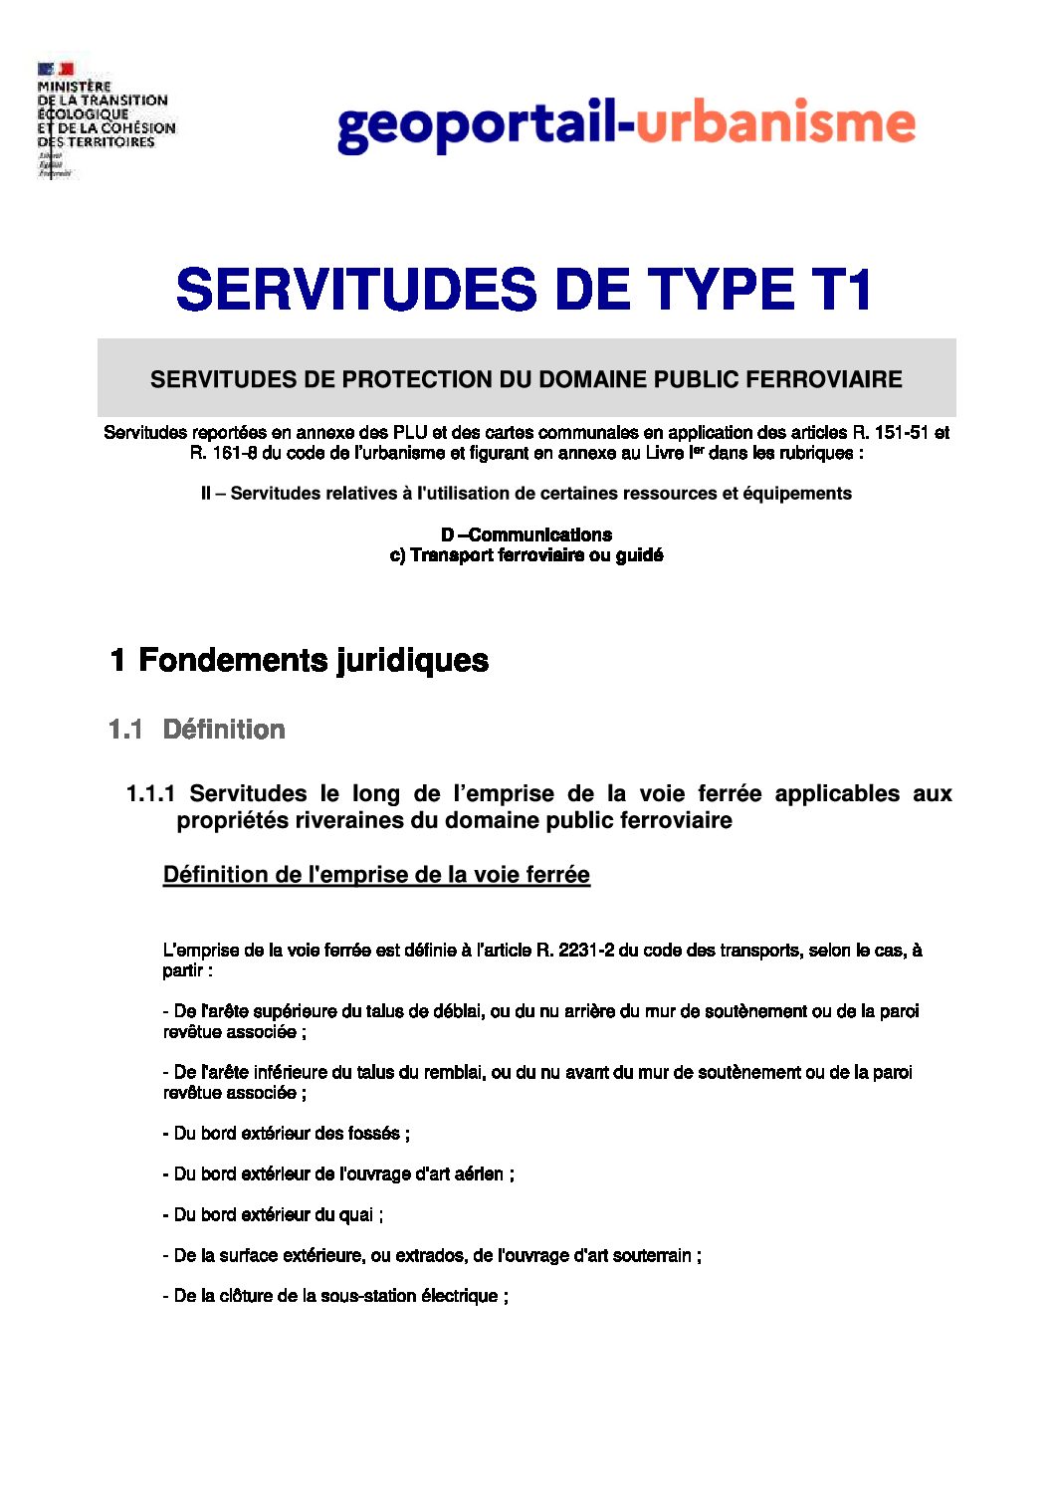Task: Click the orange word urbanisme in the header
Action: [x=775, y=123]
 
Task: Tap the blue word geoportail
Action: [x=477, y=125]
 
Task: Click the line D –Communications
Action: [x=526, y=534]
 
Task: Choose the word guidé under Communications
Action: [x=639, y=555]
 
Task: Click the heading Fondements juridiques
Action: [x=313, y=660]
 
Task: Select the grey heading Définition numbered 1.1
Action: [x=224, y=730]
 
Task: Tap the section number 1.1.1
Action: [x=150, y=793]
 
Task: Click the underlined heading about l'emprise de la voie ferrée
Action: [x=376, y=875]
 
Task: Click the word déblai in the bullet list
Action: [x=457, y=1011]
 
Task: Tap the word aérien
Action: [x=479, y=1174]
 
